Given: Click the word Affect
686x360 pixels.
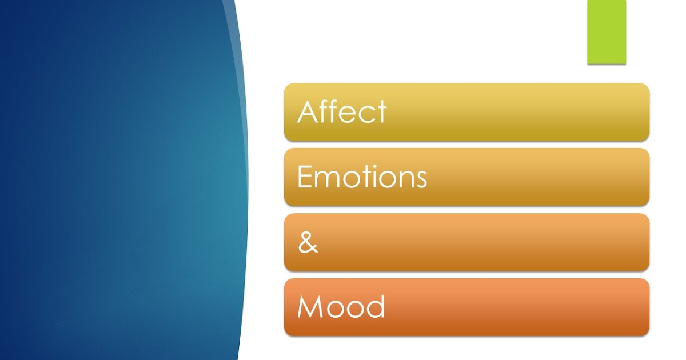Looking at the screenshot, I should pos(342,111).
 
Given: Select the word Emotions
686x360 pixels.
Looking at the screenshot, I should pos(362,177).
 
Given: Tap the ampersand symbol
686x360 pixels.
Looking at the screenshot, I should pos(308,243).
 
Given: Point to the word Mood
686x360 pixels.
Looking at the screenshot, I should pos(341,307).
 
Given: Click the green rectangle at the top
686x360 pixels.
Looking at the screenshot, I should pos(607,31).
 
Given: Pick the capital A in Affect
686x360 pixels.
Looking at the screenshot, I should pos(308,112).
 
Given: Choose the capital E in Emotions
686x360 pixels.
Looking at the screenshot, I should pos(304,177).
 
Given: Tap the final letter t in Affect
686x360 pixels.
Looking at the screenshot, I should pos(382,112).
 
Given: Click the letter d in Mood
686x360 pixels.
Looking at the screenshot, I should pos(375,307).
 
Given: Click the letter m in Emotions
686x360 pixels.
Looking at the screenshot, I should pos(326,179).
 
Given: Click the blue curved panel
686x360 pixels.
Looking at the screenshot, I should pos(120,180).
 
